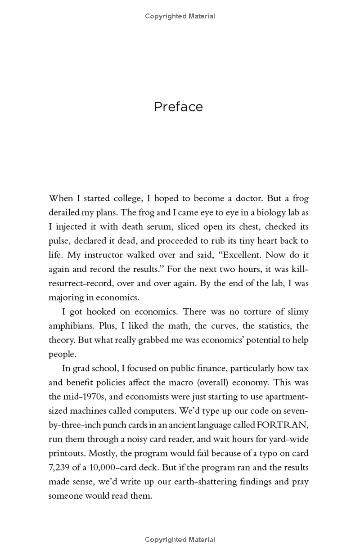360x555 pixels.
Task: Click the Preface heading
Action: point(178,107)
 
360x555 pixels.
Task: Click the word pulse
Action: point(58,241)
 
